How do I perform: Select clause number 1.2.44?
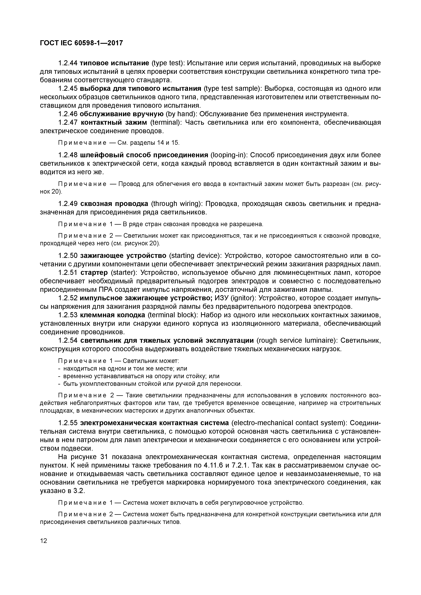68,63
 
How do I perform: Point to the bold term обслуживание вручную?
121,114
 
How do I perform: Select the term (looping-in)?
229,155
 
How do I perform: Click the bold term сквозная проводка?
114,204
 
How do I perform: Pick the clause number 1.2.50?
68,256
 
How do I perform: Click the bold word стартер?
94,273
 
